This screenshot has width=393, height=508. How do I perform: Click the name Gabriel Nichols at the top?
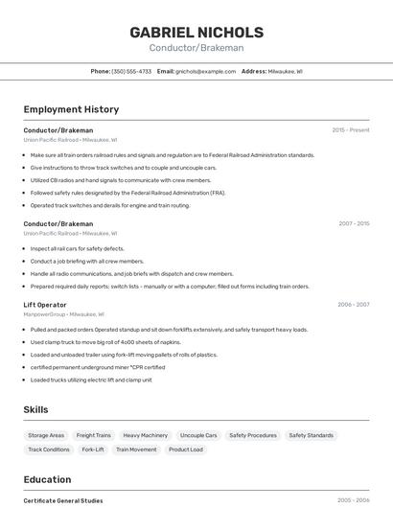[196, 33]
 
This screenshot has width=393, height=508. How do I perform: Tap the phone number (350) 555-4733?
[131, 71]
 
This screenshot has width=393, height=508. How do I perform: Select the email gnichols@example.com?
[204, 71]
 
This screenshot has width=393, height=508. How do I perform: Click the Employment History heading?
[71, 109]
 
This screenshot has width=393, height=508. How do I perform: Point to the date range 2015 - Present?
[350, 129]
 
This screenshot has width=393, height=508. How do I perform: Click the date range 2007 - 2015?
[353, 223]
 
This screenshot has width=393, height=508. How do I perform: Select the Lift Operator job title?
[45, 304]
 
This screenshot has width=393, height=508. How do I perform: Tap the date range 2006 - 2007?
[353, 304]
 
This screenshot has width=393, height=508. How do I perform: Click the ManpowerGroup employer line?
[63, 313]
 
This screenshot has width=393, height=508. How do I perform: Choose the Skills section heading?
[35, 409]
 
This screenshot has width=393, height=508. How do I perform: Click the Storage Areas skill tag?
[46, 435]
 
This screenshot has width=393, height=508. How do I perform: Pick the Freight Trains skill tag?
[94, 435]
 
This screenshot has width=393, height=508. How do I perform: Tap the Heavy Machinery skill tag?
[145, 435]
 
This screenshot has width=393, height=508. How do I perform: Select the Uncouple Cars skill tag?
[198, 435]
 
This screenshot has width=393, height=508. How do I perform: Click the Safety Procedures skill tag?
[253, 435]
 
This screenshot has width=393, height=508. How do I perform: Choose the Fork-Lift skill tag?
[93, 450]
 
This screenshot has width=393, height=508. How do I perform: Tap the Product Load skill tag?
[186, 450]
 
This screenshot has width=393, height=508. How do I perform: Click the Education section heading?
[47, 479]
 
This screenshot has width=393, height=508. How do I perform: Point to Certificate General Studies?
[63, 500]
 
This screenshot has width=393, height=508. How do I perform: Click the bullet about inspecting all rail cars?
[77, 248]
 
